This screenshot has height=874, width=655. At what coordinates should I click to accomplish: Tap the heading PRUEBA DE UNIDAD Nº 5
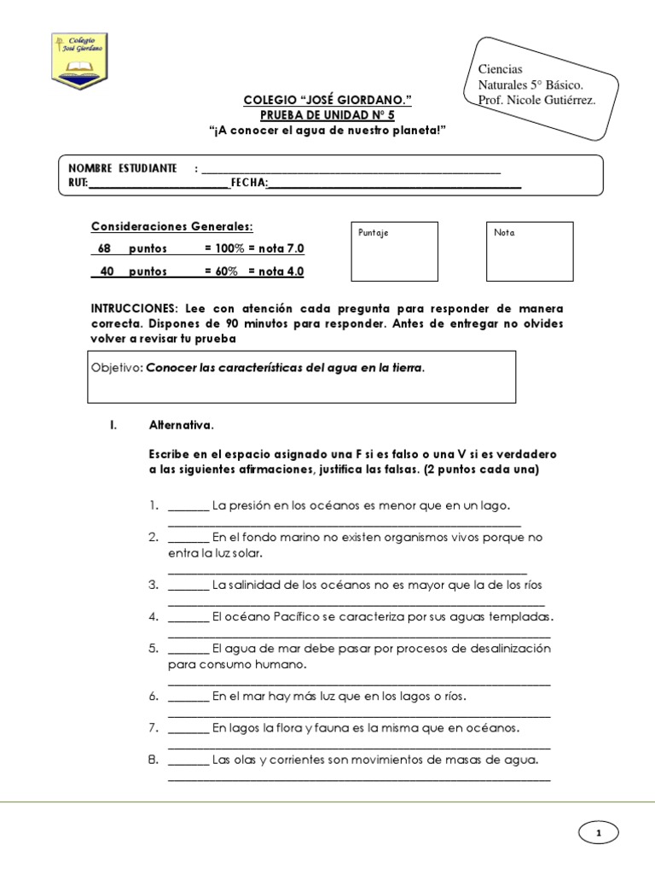[x=327, y=114]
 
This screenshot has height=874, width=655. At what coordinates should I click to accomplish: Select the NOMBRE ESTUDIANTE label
[x=123, y=167]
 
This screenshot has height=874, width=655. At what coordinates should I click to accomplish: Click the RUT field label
[x=78, y=183]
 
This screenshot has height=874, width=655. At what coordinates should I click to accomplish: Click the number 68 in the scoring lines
[x=105, y=248]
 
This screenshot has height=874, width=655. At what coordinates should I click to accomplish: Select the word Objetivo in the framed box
[x=117, y=369]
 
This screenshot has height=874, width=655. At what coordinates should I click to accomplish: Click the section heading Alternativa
[x=182, y=424]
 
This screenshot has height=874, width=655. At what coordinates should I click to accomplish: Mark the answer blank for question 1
[x=188, y=507]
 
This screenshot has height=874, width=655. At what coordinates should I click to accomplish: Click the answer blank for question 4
[x=188, y=617]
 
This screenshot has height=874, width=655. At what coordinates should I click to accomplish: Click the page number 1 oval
[x=598, y=832]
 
